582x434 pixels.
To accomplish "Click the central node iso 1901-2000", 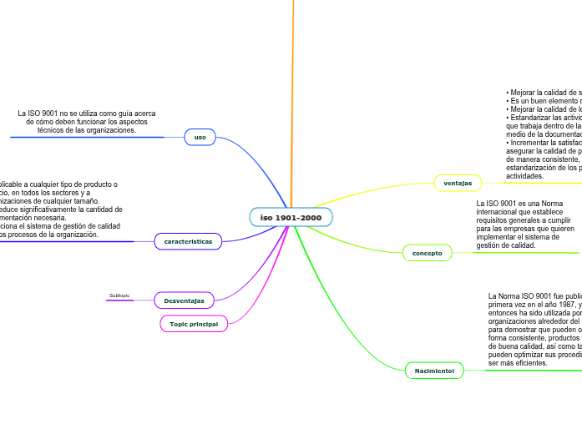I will click(291, 218).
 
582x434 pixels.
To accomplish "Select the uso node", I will click(200, 137).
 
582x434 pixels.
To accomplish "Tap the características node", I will click(188, 241).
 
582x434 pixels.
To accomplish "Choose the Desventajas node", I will click(185, 299).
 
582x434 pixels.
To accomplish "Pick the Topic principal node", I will click(193, 323).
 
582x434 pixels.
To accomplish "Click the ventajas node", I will click(458, 182).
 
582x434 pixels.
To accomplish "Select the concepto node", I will click(428, 252).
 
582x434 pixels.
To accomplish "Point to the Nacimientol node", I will click(434, 369).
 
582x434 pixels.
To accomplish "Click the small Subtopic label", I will click(119, 295).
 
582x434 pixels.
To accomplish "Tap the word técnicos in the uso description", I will click(53, 130).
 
